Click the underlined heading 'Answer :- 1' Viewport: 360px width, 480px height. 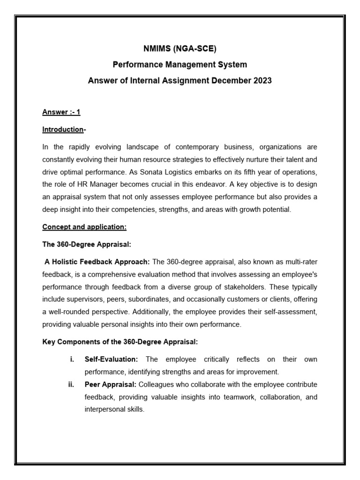tap(61, 112)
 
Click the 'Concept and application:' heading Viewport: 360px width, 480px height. tap(84, 227)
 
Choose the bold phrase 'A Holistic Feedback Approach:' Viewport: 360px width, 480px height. tap(97, 261)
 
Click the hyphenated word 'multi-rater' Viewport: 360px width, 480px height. tap(300, 261)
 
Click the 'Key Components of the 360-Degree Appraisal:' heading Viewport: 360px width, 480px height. tap(120, 342)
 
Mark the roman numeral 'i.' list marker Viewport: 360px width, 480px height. tap(72, 359)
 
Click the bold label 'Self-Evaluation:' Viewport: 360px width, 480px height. tap(111, 359)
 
